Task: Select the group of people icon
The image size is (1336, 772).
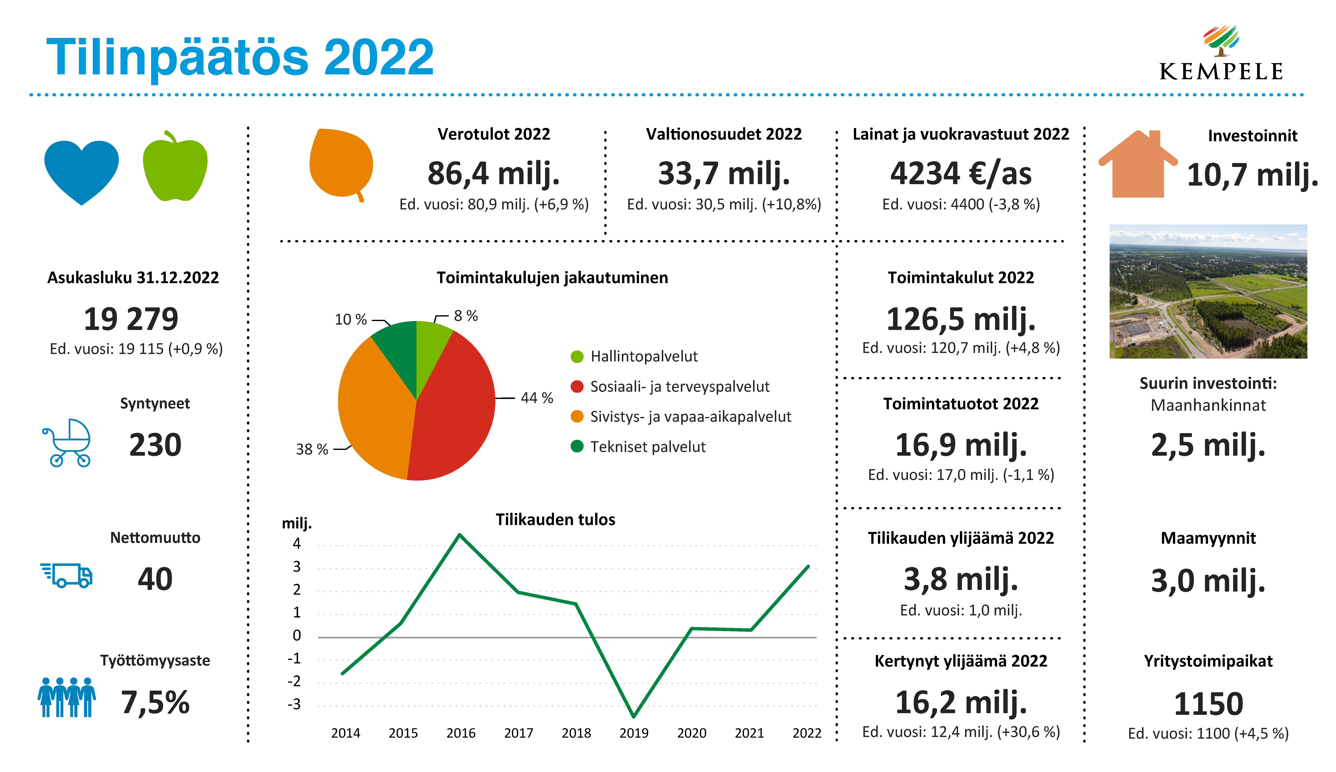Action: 67,697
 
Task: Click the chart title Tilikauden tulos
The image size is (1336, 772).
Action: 555,520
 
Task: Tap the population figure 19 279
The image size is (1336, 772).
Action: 131,319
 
